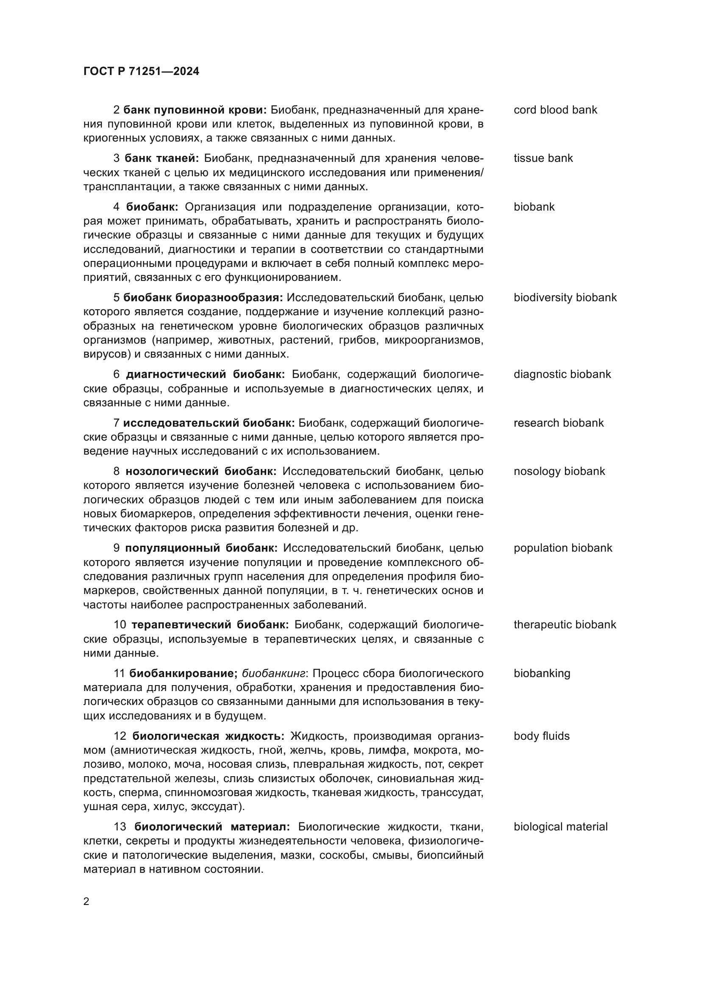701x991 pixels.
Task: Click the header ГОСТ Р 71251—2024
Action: pyautogui.click(x=141, y=72)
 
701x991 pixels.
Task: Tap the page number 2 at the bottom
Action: pyautogui.click(x=86, y=901)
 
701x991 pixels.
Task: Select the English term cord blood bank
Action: pyautogui.click(x=555, y=110)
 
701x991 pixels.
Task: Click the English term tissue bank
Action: pyautogui.click(x=543, y=158)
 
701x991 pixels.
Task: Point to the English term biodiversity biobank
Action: pyautogui.click(x=565, y=298)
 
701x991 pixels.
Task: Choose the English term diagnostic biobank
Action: pyautogui.click(x=562, y=374)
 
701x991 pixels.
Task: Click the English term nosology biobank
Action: pyautogui.click(x=559, y=471)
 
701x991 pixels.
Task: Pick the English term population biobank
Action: pyautogui.click(x=563, y=548)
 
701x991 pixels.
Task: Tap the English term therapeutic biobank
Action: pyautogui.click(x=565, y=625)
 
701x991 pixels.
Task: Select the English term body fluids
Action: pyautogui.click(x=541, y=736)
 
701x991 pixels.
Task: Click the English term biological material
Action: pyautogui.click(x=560, y=827)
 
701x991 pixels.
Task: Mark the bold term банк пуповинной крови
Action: pyautogui.click(x=195, y=110)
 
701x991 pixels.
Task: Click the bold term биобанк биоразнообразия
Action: pyautogui.click(x=203, y=298)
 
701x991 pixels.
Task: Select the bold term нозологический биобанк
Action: pyautogui.click(x=201, y=471)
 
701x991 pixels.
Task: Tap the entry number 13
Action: pyautogui.click(x=120, y=827)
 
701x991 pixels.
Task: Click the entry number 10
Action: pyautogui.click(x=120, y=625)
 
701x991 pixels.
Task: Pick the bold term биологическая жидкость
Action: pyautogui.click(x=208, y=736)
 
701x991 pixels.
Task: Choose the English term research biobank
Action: pyautogui.click(x=559, y=423)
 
